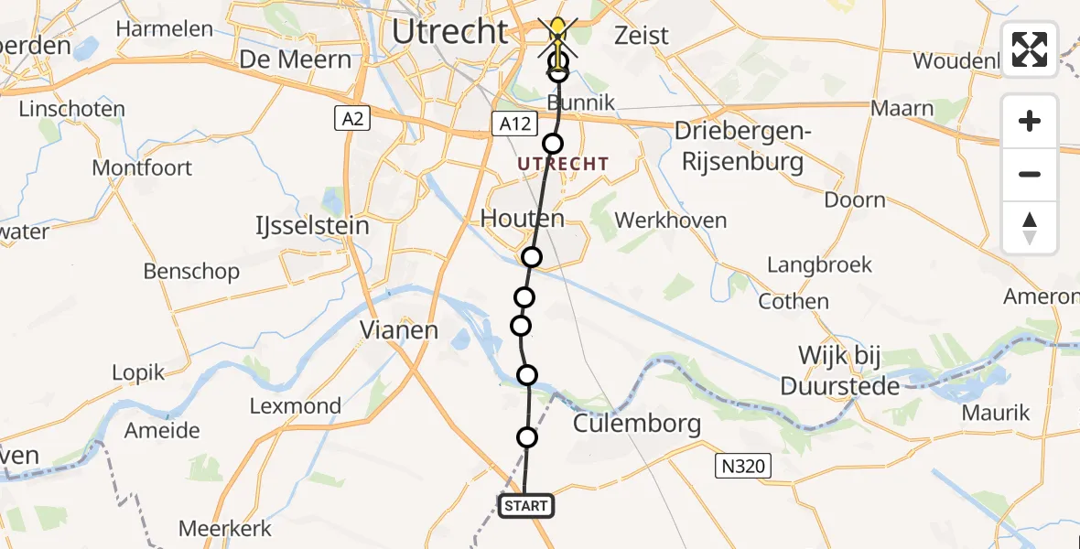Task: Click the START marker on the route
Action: coord(526,505)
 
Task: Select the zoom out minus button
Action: coord(1030,174)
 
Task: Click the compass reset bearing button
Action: coord(1030,228)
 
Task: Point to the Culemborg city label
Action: coord(637,424)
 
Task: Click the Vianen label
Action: coord(399,329)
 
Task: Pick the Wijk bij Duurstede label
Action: coord(839,371)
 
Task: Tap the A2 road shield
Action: coord(347,118)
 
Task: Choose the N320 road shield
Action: coord(744,467)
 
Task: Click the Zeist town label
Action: coord(642,36)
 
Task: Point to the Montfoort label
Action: coord(142,167)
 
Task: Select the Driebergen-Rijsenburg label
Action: coord(739,147)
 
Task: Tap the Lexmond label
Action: coord(296,405)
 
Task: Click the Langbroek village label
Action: coord(819,264)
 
